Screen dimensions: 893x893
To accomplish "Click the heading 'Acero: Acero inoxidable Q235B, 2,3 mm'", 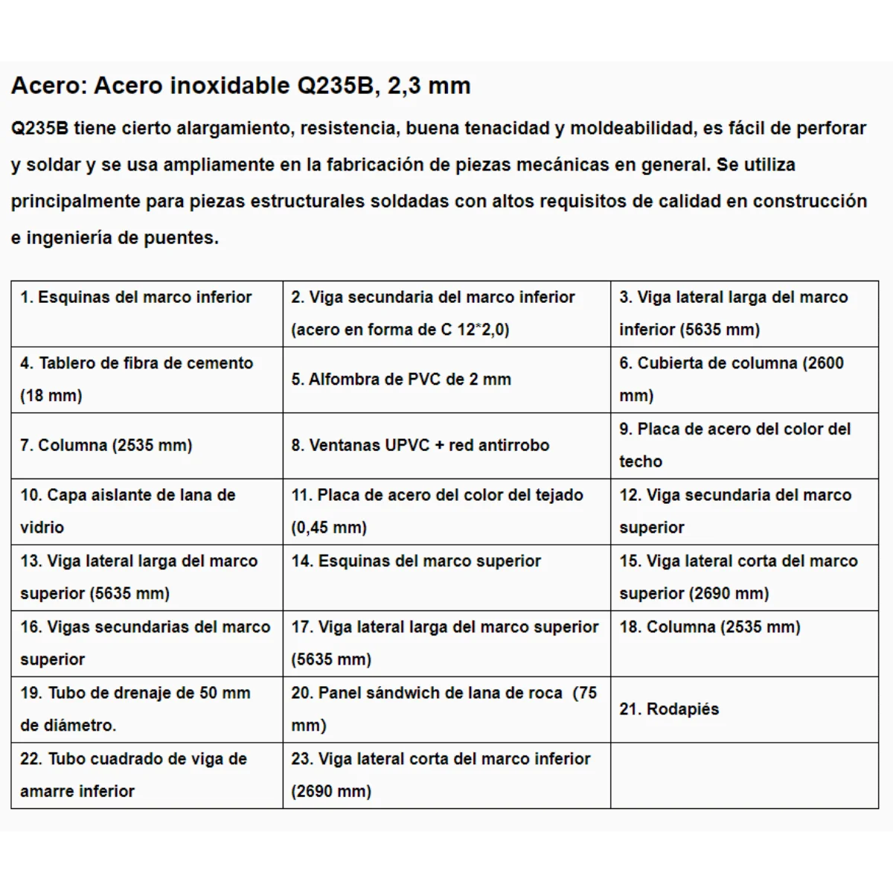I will coord(240,86).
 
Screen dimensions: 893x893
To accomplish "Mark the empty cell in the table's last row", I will coord(744,775).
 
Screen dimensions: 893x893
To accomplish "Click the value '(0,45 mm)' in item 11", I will coord(329,528).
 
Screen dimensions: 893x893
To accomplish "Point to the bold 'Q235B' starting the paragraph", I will coord(39,128).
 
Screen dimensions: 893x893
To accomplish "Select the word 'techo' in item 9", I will coord(641,461).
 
